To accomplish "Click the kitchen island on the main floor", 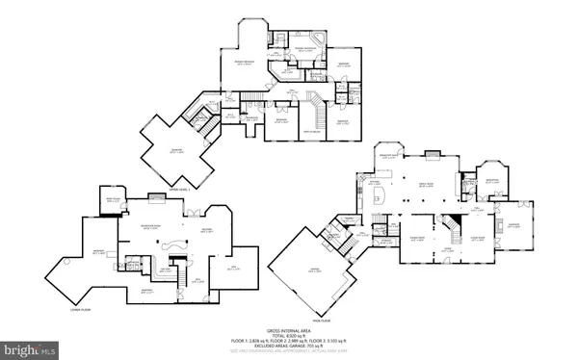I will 379,193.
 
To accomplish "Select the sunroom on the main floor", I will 514,229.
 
